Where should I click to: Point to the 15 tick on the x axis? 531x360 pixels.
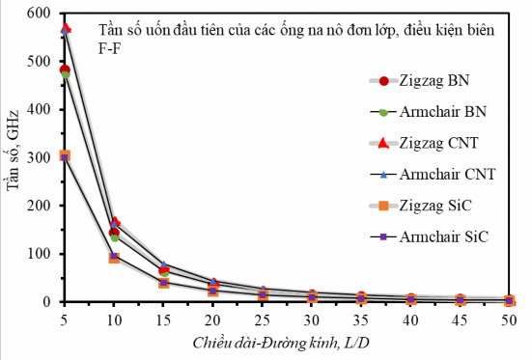(x=162, y=318)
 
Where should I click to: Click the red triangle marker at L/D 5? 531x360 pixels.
(x=66, y=30)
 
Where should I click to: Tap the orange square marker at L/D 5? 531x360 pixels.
(x=66, y=155)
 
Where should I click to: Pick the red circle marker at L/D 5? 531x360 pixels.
(x=66, y=70)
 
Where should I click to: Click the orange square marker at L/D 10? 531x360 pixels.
(x=114, y=258)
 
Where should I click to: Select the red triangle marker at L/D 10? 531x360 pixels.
(x=114, y=223)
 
